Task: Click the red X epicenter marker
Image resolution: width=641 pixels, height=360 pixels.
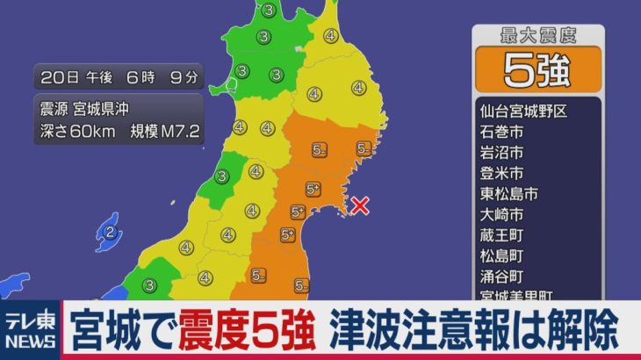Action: coord(359,206)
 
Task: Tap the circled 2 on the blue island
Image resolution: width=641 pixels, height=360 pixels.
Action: coord(110,233)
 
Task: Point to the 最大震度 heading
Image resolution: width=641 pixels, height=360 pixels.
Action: coord(537,36)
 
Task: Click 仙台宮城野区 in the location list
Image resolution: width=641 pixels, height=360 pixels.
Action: coord(524,112)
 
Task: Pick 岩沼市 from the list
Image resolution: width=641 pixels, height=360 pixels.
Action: coord(501,152)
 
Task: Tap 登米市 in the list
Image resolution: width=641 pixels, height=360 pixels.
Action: coord(501,173)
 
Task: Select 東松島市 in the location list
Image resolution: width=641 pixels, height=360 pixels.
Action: coord(508,193)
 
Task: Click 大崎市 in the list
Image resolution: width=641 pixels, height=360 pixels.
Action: coord(501,214)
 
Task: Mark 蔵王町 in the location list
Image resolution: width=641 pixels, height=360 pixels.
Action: coord(501,235)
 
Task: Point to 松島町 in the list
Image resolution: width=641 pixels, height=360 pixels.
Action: coord(501,256)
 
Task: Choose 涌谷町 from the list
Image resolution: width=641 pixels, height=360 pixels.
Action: coord(501,277)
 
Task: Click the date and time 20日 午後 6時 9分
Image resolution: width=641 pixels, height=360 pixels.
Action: coord(119,76)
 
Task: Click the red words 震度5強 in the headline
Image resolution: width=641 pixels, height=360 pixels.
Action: coord(246,331)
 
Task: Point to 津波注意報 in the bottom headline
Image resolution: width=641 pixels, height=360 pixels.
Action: coord(414,331)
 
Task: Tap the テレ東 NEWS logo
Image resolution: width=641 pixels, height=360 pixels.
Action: coord(29,332)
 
